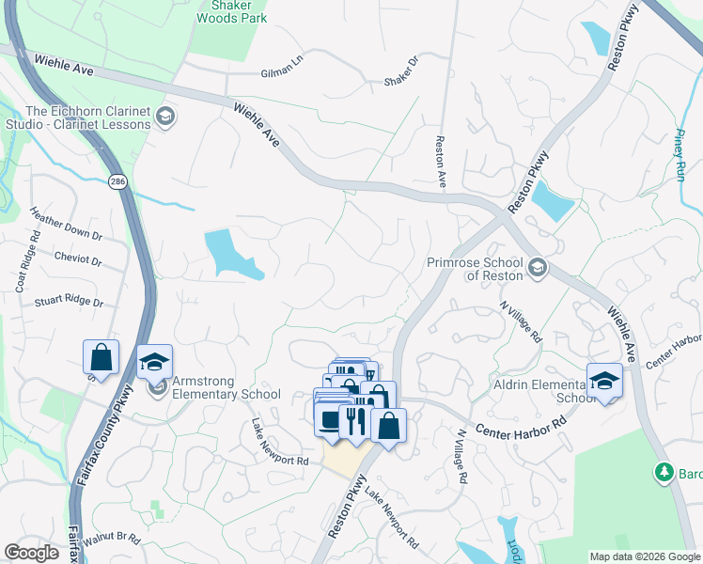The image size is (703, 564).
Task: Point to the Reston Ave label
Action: point(439,162)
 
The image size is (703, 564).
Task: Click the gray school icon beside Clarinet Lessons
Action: point(165,117)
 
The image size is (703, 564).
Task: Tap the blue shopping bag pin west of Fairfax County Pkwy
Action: point(101,358)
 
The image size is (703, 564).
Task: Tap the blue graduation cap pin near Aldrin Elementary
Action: point(605,381)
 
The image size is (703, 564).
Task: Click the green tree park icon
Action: point(664,471)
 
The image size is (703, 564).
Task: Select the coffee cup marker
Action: point(330,419)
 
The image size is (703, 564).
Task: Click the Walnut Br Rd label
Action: point(111,540)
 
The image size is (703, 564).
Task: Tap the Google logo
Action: point(31,553)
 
